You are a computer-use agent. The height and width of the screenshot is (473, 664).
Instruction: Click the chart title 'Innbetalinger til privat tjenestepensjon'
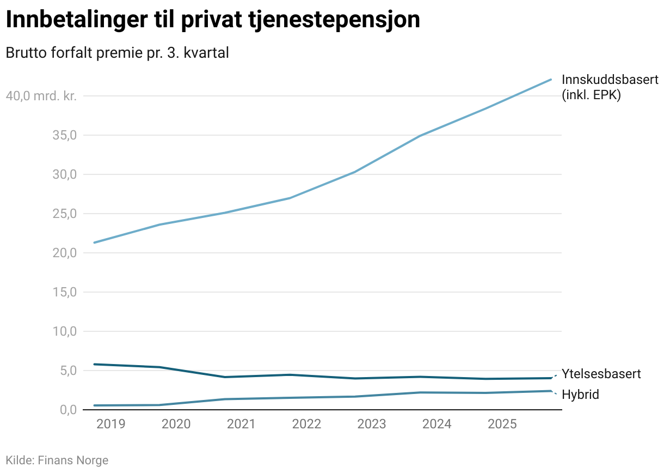click(212, 21)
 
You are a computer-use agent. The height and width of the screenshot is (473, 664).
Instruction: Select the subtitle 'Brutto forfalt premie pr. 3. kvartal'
click(116, 53)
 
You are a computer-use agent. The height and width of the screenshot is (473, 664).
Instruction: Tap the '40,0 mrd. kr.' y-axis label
click(41, 96)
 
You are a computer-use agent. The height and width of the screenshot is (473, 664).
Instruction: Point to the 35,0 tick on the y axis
click(65, 135)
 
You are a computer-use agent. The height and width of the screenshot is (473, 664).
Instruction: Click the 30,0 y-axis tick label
click(65, 174)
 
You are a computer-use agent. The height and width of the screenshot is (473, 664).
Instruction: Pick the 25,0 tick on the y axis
click(65, 214)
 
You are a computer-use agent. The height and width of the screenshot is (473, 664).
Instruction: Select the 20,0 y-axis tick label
click(65, 253)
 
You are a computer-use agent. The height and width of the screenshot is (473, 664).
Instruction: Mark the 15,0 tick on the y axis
click(65, 292)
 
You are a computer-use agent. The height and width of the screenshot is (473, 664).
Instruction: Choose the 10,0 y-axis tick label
click(65, 331)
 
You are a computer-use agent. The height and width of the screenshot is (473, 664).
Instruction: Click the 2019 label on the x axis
click(110, 424)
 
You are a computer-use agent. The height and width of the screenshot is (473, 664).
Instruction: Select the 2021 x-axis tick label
click(241, 424)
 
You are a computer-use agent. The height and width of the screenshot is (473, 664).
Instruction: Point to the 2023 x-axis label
click(372, 424)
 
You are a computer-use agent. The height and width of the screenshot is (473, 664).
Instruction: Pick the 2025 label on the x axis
click(502, 424)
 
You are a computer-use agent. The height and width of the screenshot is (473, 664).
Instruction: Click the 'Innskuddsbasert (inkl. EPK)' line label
click(610, 87)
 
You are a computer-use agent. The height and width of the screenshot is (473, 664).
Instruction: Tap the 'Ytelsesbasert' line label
click(601, 374)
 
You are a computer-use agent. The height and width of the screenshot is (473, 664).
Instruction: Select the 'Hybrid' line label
click(580, 395)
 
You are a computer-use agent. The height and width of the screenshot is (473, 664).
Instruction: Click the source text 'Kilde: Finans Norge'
click(57, 460)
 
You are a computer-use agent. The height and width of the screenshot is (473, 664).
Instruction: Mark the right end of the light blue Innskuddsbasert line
click(551, 80)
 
